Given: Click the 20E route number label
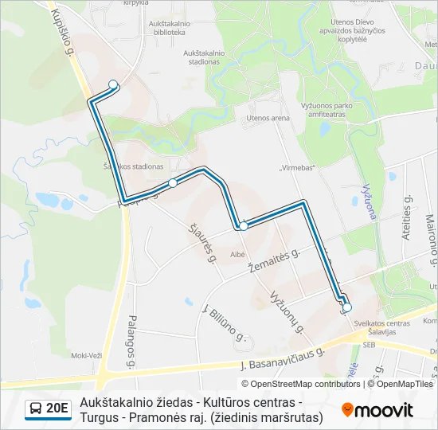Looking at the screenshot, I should (x=57, y=409).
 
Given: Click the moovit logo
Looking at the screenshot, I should (x=377, y=410).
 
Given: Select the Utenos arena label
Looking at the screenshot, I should (x=268, y=118).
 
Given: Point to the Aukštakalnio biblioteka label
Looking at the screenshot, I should (x=167, y=28).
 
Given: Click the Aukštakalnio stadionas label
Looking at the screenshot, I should (x=205, y=58).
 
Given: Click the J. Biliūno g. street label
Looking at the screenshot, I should (x=225, y=322).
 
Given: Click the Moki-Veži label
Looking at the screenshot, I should (x=85, y=355).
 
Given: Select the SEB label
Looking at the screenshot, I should (x=369, y=346).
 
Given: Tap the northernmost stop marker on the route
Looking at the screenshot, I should (x=113, y=84).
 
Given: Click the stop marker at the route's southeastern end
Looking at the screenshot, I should (x=346, y=307).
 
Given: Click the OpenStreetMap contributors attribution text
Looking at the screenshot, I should (x=305, y=384).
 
